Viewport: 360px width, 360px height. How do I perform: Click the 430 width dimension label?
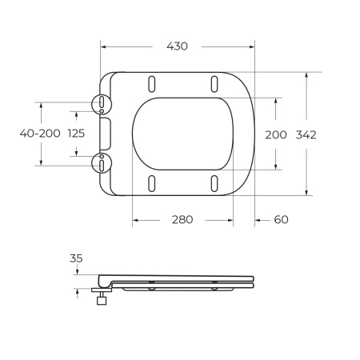click(x=177, y=46)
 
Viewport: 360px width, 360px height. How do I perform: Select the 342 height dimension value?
click(x=306, y=134)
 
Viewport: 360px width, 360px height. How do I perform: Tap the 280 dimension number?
click(x=182, y=220)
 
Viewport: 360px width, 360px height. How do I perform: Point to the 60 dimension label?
click(x=280, y=220)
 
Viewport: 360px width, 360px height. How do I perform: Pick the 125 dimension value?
click(x=78, y=134)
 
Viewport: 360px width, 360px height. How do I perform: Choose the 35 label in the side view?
click(x=77, y=258)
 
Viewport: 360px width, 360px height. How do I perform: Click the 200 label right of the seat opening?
click(x=275, y=134)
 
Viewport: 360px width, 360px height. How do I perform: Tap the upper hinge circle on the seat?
click(x=104, y=104)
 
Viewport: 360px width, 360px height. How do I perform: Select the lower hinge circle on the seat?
click(x=104, y=161)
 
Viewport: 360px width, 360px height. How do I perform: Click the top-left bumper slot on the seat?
click(x=151, y=82)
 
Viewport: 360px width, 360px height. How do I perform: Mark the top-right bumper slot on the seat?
click(x=214, y=82)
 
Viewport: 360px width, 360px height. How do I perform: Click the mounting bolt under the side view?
click(x=102, y=300)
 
